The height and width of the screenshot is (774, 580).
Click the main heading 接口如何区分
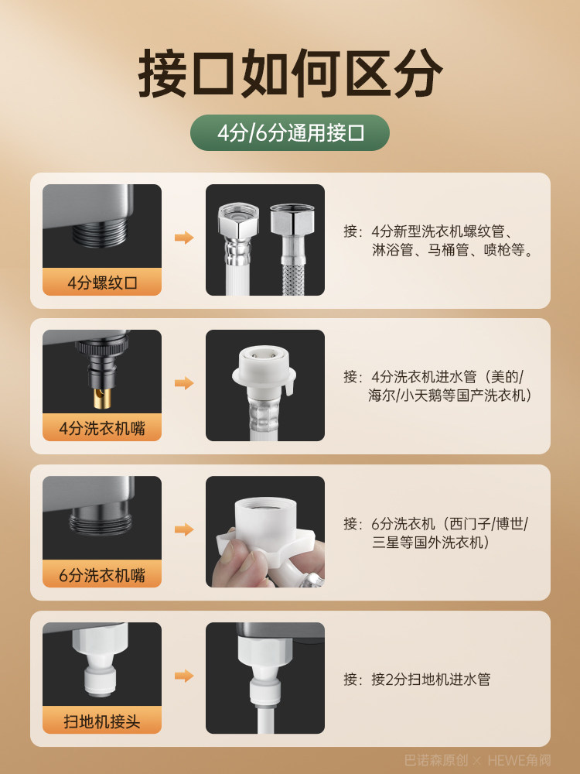coord(290,74)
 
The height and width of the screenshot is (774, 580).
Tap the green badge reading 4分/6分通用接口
coord(290,132)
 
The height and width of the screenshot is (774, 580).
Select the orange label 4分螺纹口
coord(102,283)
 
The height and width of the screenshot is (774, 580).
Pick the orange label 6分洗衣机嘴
coord(102,575)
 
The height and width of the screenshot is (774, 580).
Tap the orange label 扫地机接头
coord(102,721)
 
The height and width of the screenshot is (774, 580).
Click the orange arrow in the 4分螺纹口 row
coord(184,238)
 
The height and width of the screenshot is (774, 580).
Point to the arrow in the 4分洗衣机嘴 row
coord(184,383)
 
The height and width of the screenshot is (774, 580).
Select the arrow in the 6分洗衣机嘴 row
coord(184,529)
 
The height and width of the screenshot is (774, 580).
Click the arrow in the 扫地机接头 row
coord(184,676)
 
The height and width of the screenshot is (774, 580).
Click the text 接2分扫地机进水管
coord(430,679)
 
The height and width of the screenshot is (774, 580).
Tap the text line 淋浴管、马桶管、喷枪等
coord(452,250)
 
